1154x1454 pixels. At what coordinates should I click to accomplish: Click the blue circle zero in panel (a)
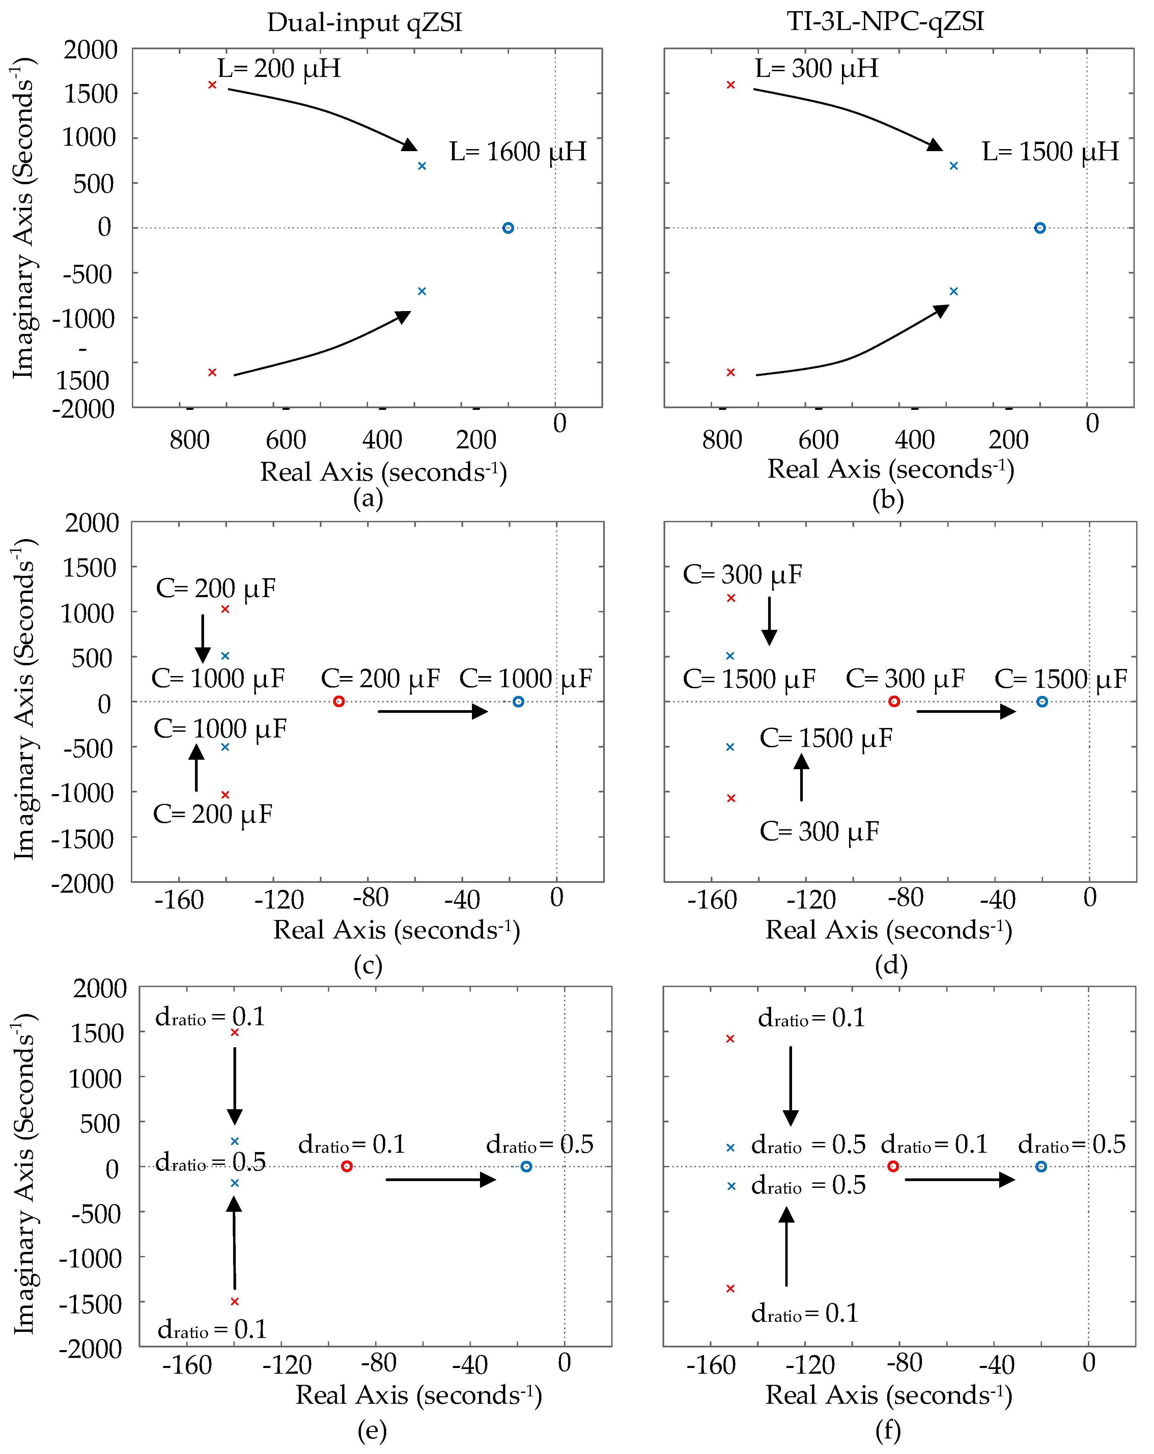(x=508, y=228)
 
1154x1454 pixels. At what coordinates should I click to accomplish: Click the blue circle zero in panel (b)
(x=1040, y=228)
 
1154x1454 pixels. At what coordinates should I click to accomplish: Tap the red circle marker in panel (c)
(x=339, y=701)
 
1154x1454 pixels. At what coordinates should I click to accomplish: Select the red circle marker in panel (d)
(x=894, y=701)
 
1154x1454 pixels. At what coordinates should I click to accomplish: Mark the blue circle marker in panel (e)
(x=526, y=1167)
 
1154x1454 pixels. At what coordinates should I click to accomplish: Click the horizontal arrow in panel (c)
(x=432, y=711)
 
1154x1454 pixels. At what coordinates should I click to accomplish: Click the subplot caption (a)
(x=368, y=499)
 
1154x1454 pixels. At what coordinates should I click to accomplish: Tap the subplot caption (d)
(x=890, y=966)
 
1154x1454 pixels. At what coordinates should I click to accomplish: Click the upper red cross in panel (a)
(x=212, y=85)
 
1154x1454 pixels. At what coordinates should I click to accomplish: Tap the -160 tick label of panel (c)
(x=179, y=900)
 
